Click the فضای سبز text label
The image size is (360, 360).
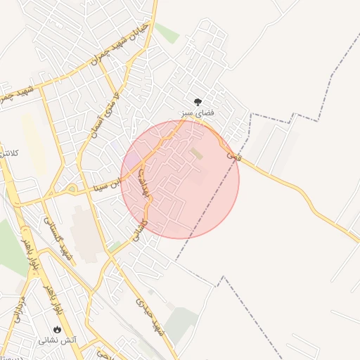point(198,112)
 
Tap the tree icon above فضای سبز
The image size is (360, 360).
point(198,101)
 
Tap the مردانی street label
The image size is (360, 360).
point(17,308)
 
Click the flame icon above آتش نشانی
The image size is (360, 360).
point(57,329)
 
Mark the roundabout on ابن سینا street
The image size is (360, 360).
point(72,188)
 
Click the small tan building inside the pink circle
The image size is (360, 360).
point(196,153)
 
